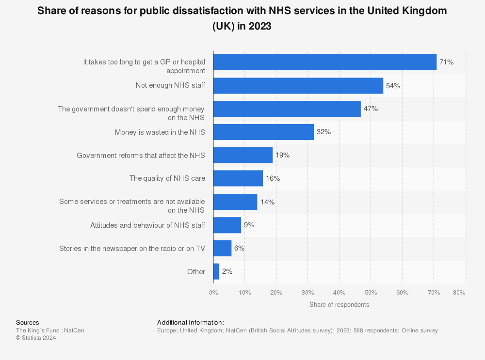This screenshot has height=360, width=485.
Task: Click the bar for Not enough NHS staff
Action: [x=298, y=86]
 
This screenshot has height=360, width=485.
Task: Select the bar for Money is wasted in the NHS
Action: [x=263, y=132]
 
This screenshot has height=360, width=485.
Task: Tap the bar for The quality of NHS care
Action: [x=238, y=178]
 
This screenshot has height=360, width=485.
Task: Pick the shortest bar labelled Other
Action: [x=216, y=272]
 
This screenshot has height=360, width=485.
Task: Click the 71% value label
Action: [x=446, y=63]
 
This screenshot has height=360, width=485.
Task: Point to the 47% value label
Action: [x=371, y=109]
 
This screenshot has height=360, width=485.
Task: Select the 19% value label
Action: [x=283, y=156]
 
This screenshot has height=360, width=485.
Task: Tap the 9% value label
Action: [x=249, y=225]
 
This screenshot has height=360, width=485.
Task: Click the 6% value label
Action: [x=239, y=248]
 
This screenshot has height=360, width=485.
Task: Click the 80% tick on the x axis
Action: [x=459, y=293]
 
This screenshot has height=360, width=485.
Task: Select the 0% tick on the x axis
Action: [x=213, y=293]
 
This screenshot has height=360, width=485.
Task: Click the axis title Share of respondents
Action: [x=339, y=305]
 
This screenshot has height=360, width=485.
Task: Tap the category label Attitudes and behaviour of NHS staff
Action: [x=147, y=225]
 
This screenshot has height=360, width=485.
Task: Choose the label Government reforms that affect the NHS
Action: [x=141, y=156]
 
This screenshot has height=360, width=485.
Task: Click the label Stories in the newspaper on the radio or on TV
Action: [x=132, y=249]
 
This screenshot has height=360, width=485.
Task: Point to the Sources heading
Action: [x=28, y=323]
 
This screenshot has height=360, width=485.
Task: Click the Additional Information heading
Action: [x=190, y=323]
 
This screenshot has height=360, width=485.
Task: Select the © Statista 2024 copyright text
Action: [x=36, y=338]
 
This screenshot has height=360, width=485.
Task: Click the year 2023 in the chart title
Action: [x=261, y=27]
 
